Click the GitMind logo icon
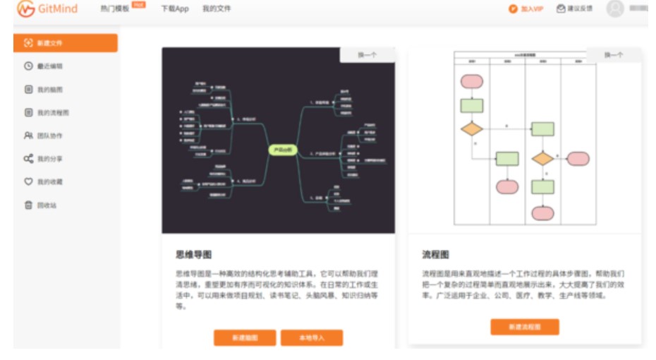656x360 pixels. click(x=26, y=9)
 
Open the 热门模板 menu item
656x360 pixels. click(x=115, y=9)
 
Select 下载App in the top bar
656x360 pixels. click(x=174, y=9)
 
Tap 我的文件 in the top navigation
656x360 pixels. click(x=217, y=9)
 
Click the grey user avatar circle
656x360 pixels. click(x=615, y=9)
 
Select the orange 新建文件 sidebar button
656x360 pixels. click(x=66, y=43)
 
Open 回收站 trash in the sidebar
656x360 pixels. click(x=47, y=205)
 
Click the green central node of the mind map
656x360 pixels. click(x=284, y=150)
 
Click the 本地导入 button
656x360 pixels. click(x=312, y=338)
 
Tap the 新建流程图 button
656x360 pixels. click(x=525, y=328)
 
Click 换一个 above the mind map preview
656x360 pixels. click(x=367, y=55)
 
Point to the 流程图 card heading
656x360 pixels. click(x=435, y=255)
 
